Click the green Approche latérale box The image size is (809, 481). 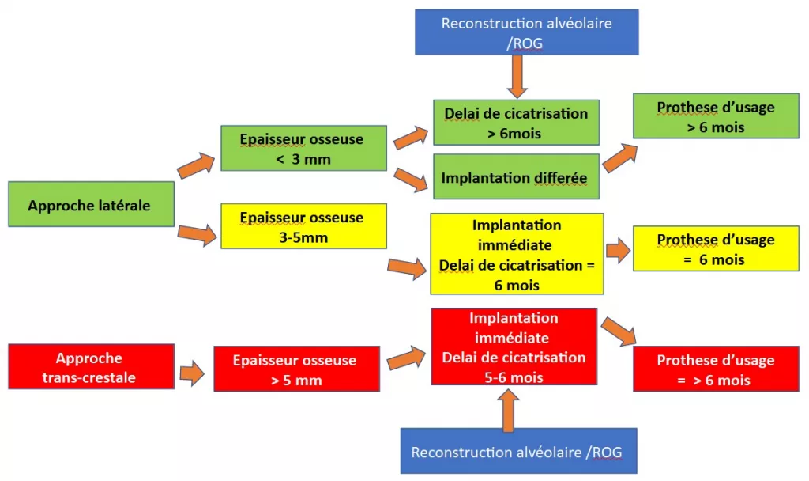pyautogui.click(x=90, y=204)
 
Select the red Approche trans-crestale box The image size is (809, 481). pyautogui.click(x=90, y=366)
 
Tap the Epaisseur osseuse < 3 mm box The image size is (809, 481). pyautogui.click(x=303, y=148)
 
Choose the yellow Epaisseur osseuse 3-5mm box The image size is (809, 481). pyautogui.click(x=303, y=226)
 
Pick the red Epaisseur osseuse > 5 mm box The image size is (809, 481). pyautogui.click(x=295, y=369)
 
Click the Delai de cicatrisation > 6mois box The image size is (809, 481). pyautogui.click(x=516, y=123)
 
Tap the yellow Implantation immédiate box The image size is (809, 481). pyautogui.click(x=516, y=254)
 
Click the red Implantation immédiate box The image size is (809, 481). pyautogui.click(x=514, y=347)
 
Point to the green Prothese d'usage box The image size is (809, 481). pyautogui.click(x=716, y=116)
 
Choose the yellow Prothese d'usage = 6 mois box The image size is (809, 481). pyautogui.click(x=716, y=248)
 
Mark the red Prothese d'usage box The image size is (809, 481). pyautogui.click(x=716, y=369)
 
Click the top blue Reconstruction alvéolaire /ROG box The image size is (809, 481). pyautogui.click(x=526, y=33)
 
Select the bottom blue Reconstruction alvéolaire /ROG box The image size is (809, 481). pyautogui.click(x=517, y=451)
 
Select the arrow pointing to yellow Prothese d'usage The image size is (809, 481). pyautogui.click(x=618, y=251)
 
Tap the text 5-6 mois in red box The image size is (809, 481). pyautogui.click(x=514, y=377)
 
